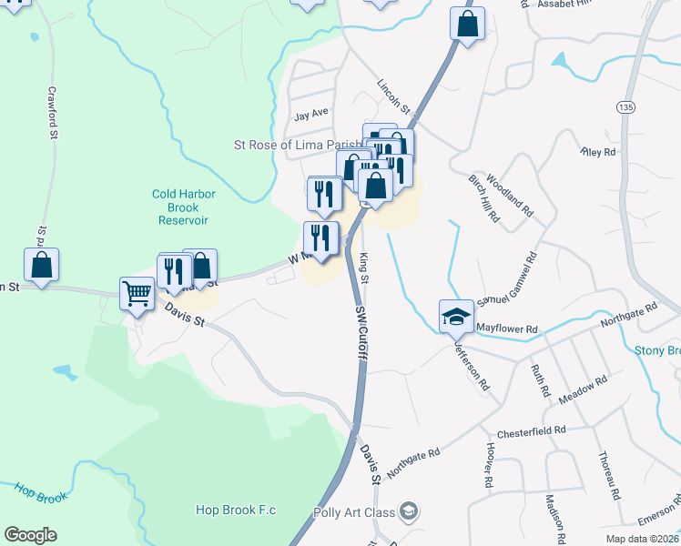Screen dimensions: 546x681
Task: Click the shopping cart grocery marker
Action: pyautogui.click(x=137, y=294)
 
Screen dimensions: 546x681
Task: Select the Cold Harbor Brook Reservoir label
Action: pyautogui.click(x=179, y=207)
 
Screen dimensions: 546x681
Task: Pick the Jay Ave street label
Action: pyautogui.click(x=310, y=115)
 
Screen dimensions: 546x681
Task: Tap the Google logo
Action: pyautogui.click(x=30, y=535)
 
